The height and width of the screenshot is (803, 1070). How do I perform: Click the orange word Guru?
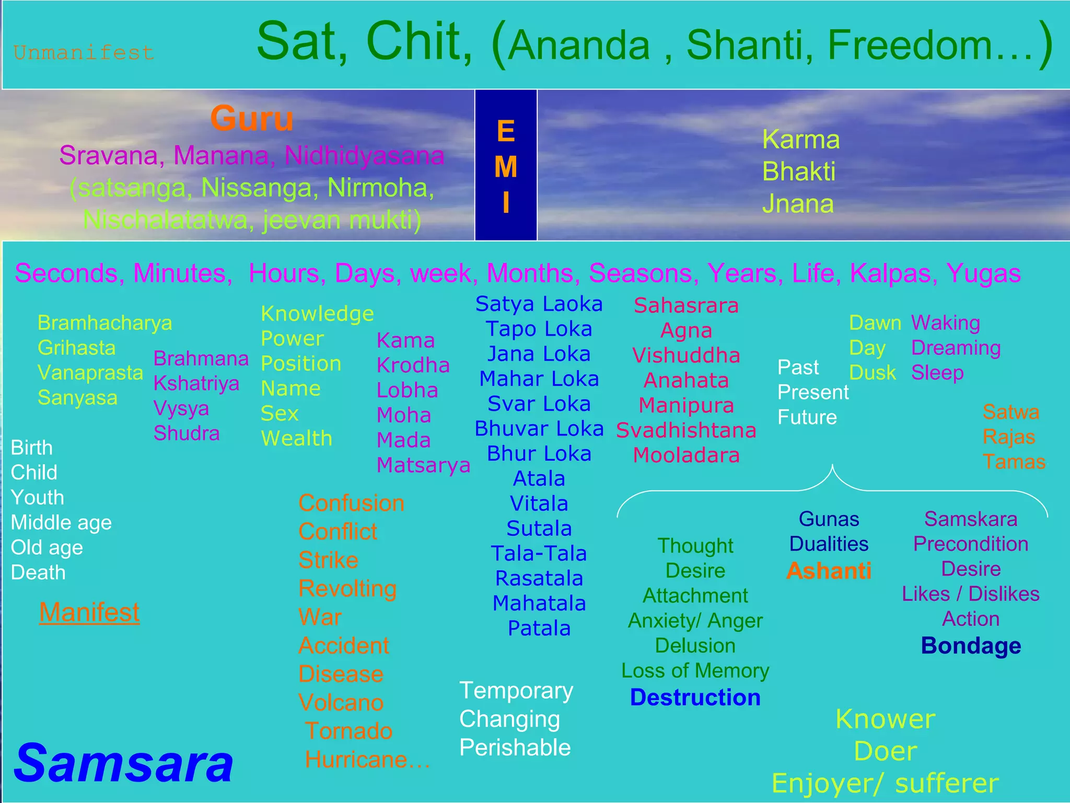click(x=252, y=119)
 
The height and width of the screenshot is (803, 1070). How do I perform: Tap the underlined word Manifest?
click(x=89, y=612)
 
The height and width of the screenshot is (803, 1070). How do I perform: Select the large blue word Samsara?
click(x=124, y=764)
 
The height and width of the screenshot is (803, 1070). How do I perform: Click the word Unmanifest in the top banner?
click(x=84, y=53)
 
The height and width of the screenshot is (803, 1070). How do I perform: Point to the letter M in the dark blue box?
click(x=506, y=167)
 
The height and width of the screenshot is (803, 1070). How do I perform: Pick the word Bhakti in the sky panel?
click(x=798, y=171)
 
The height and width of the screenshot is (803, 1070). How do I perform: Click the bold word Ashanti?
click(x=829, y=571)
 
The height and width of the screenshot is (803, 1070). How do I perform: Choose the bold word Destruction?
click(x=695, y=697)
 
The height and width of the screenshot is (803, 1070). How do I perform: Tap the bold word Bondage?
click(x=971, y=646)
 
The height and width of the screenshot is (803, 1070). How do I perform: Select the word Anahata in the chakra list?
click(x=686, y=380)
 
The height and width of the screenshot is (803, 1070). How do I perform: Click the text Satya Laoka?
click(x=539, y=304)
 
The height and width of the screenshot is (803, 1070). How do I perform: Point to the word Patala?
click(x=539, y=628)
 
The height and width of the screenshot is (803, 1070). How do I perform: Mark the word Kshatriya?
click(x=196, y=383)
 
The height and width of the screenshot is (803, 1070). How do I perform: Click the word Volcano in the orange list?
click(x=341, y=703)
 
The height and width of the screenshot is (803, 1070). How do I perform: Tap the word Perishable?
click(x=515, y=748)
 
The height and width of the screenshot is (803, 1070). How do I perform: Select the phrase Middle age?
click(x=61, y=522)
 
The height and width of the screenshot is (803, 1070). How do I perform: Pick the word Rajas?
click(x=1008, y=437)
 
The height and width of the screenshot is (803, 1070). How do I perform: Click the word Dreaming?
click(x=956, y=348)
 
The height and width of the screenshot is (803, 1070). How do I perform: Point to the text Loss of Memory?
click(x=695, y=671)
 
